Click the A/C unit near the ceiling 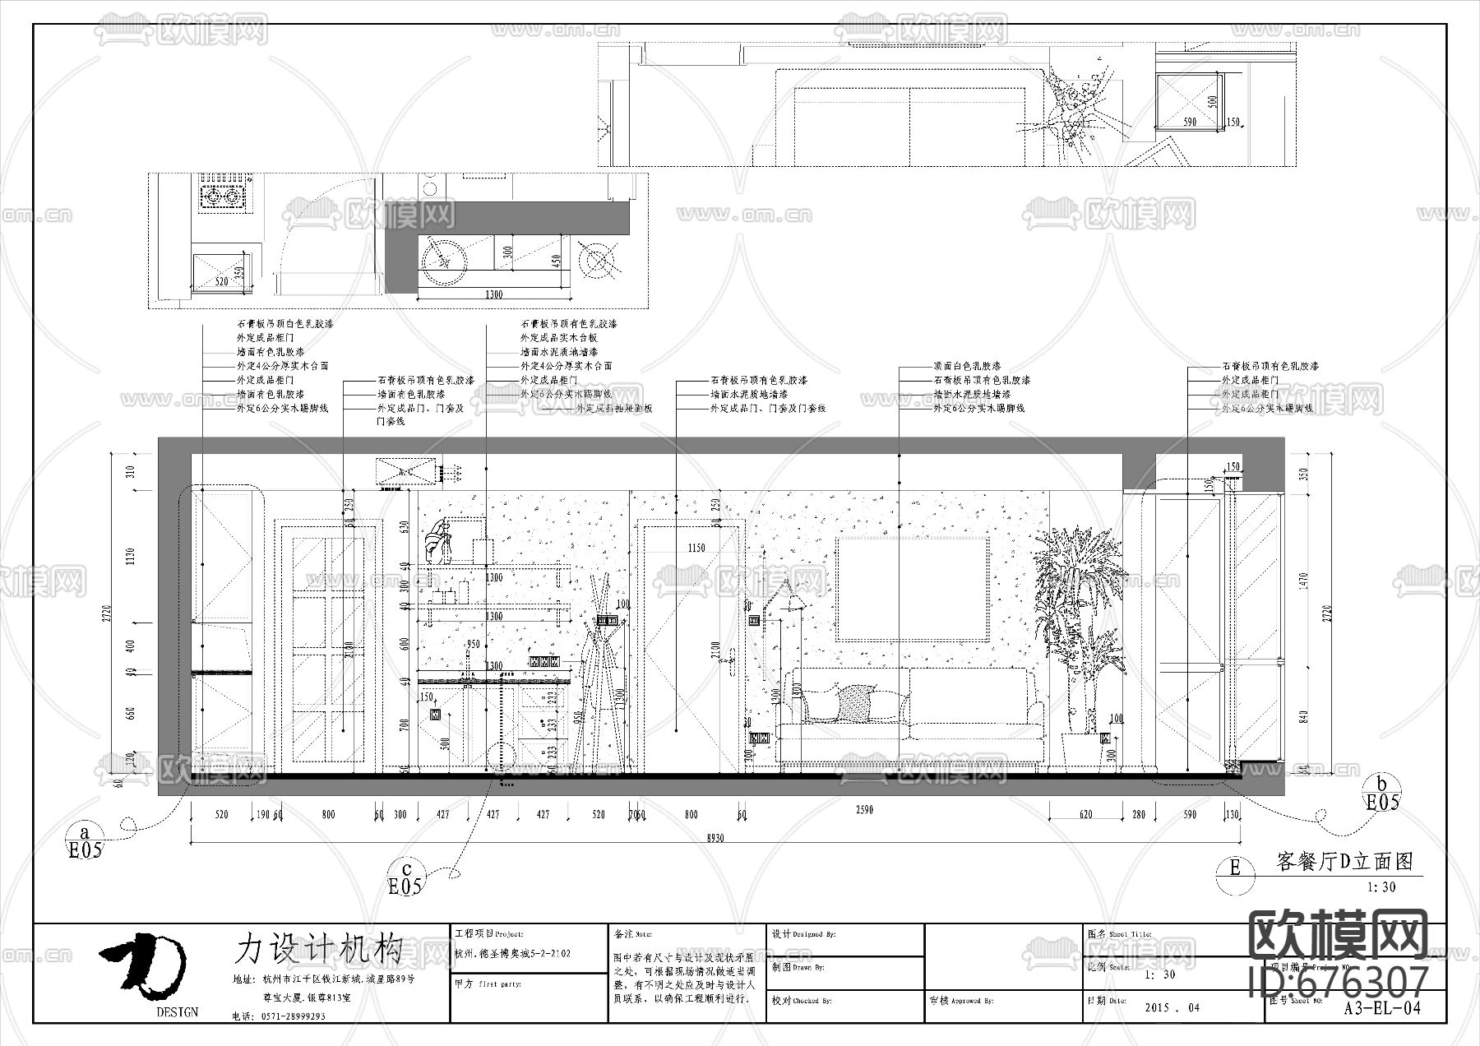[405, 471]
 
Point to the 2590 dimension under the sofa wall [864, 810]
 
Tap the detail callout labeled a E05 [86, 840]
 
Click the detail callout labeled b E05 [1382, 794]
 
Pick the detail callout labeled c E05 [405, 878]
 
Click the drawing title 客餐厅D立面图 [1344, 861]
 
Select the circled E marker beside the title [1234, 867]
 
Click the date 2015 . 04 [1172, 1007]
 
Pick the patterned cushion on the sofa [856, 704]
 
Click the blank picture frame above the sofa [912, 588]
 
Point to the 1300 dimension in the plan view [493, 294]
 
